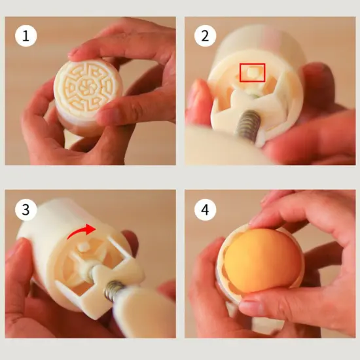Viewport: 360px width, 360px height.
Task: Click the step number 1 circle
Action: tap(26, 35)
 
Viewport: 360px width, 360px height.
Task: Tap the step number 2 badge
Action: tap(205, 35)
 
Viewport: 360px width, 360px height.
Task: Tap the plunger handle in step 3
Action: tap(141, 314)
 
